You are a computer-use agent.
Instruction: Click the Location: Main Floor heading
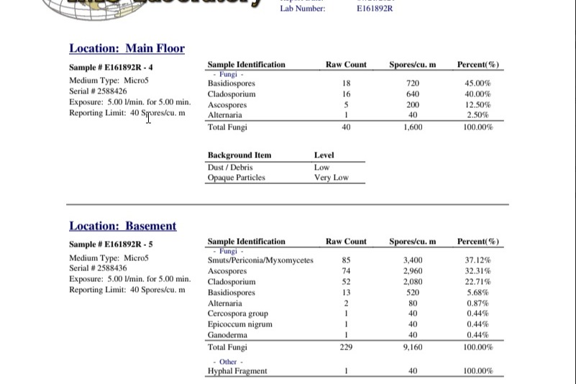tap(127, 49)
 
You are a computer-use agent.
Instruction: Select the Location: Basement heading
tap(122, 226)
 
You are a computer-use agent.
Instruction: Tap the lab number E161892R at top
tap(375, 9)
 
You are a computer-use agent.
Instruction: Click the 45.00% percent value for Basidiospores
tap(477, 83)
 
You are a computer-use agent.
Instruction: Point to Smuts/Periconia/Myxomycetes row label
tap(260, 260)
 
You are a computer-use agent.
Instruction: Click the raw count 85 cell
tap(346, 260)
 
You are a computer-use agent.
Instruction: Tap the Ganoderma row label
tap(227, 335)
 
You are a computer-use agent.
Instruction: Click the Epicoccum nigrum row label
tap(240, 324)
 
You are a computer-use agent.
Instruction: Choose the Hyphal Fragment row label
tap(237, 371)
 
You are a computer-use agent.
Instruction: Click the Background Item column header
tap(239, 155)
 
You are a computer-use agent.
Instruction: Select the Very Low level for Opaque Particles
tap(331, 178)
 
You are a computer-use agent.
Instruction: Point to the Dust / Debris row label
tap(230, 168)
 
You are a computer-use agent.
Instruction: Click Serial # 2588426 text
tap(98, 91)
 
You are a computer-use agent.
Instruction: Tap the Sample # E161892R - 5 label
tap(111, 244)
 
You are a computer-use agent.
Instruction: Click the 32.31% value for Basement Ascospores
tap(477, 271)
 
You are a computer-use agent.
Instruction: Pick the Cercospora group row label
tap(238, 314)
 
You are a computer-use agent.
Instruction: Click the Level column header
tap(324, 155)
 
